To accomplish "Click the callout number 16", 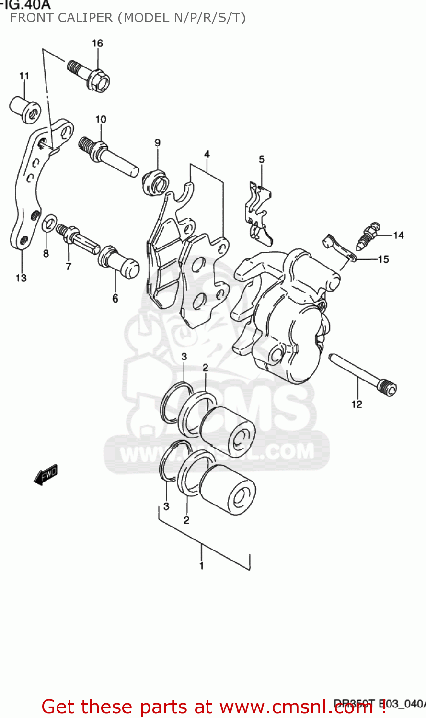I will click(x=97, y=43).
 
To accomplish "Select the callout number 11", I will click(x=24, y=76).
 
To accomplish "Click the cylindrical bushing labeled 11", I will click(x=24, y=110).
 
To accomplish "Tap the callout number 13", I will click(x=22, y=278).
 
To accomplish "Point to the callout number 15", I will click(x=383, y=259).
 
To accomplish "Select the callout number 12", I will click(x=357, y=404).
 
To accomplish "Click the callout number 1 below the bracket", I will click(x=202, y=565).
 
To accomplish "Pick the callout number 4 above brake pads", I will click(x=207, y=154).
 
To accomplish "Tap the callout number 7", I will click(x=69, y=266).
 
